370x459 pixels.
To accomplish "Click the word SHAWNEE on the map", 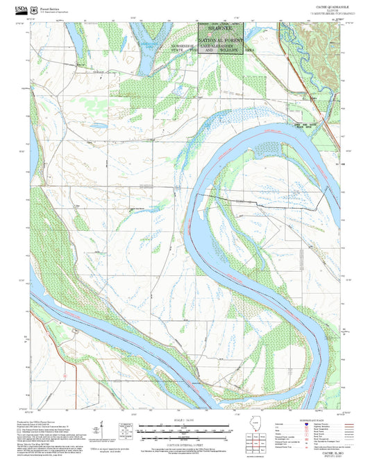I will (x=220, y=29).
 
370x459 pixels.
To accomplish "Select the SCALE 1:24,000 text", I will (x=185, y=421).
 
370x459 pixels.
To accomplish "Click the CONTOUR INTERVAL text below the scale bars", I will (x=185, y=440).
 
